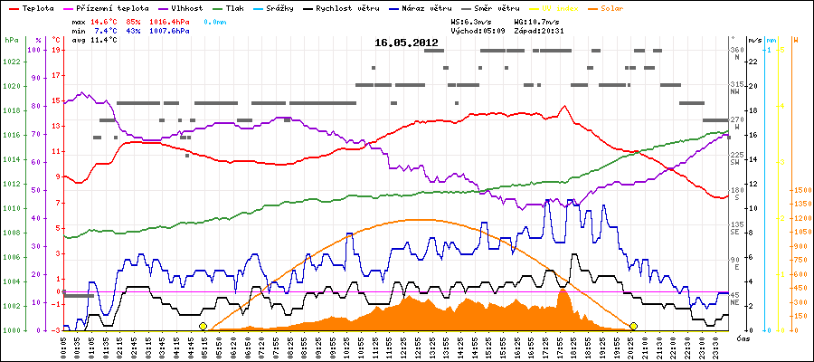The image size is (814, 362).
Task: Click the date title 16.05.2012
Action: point(406,43)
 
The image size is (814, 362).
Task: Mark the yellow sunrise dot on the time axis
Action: point(203,326)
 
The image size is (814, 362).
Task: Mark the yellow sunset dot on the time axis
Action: point(634,326)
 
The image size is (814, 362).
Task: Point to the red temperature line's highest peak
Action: point(563,106)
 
